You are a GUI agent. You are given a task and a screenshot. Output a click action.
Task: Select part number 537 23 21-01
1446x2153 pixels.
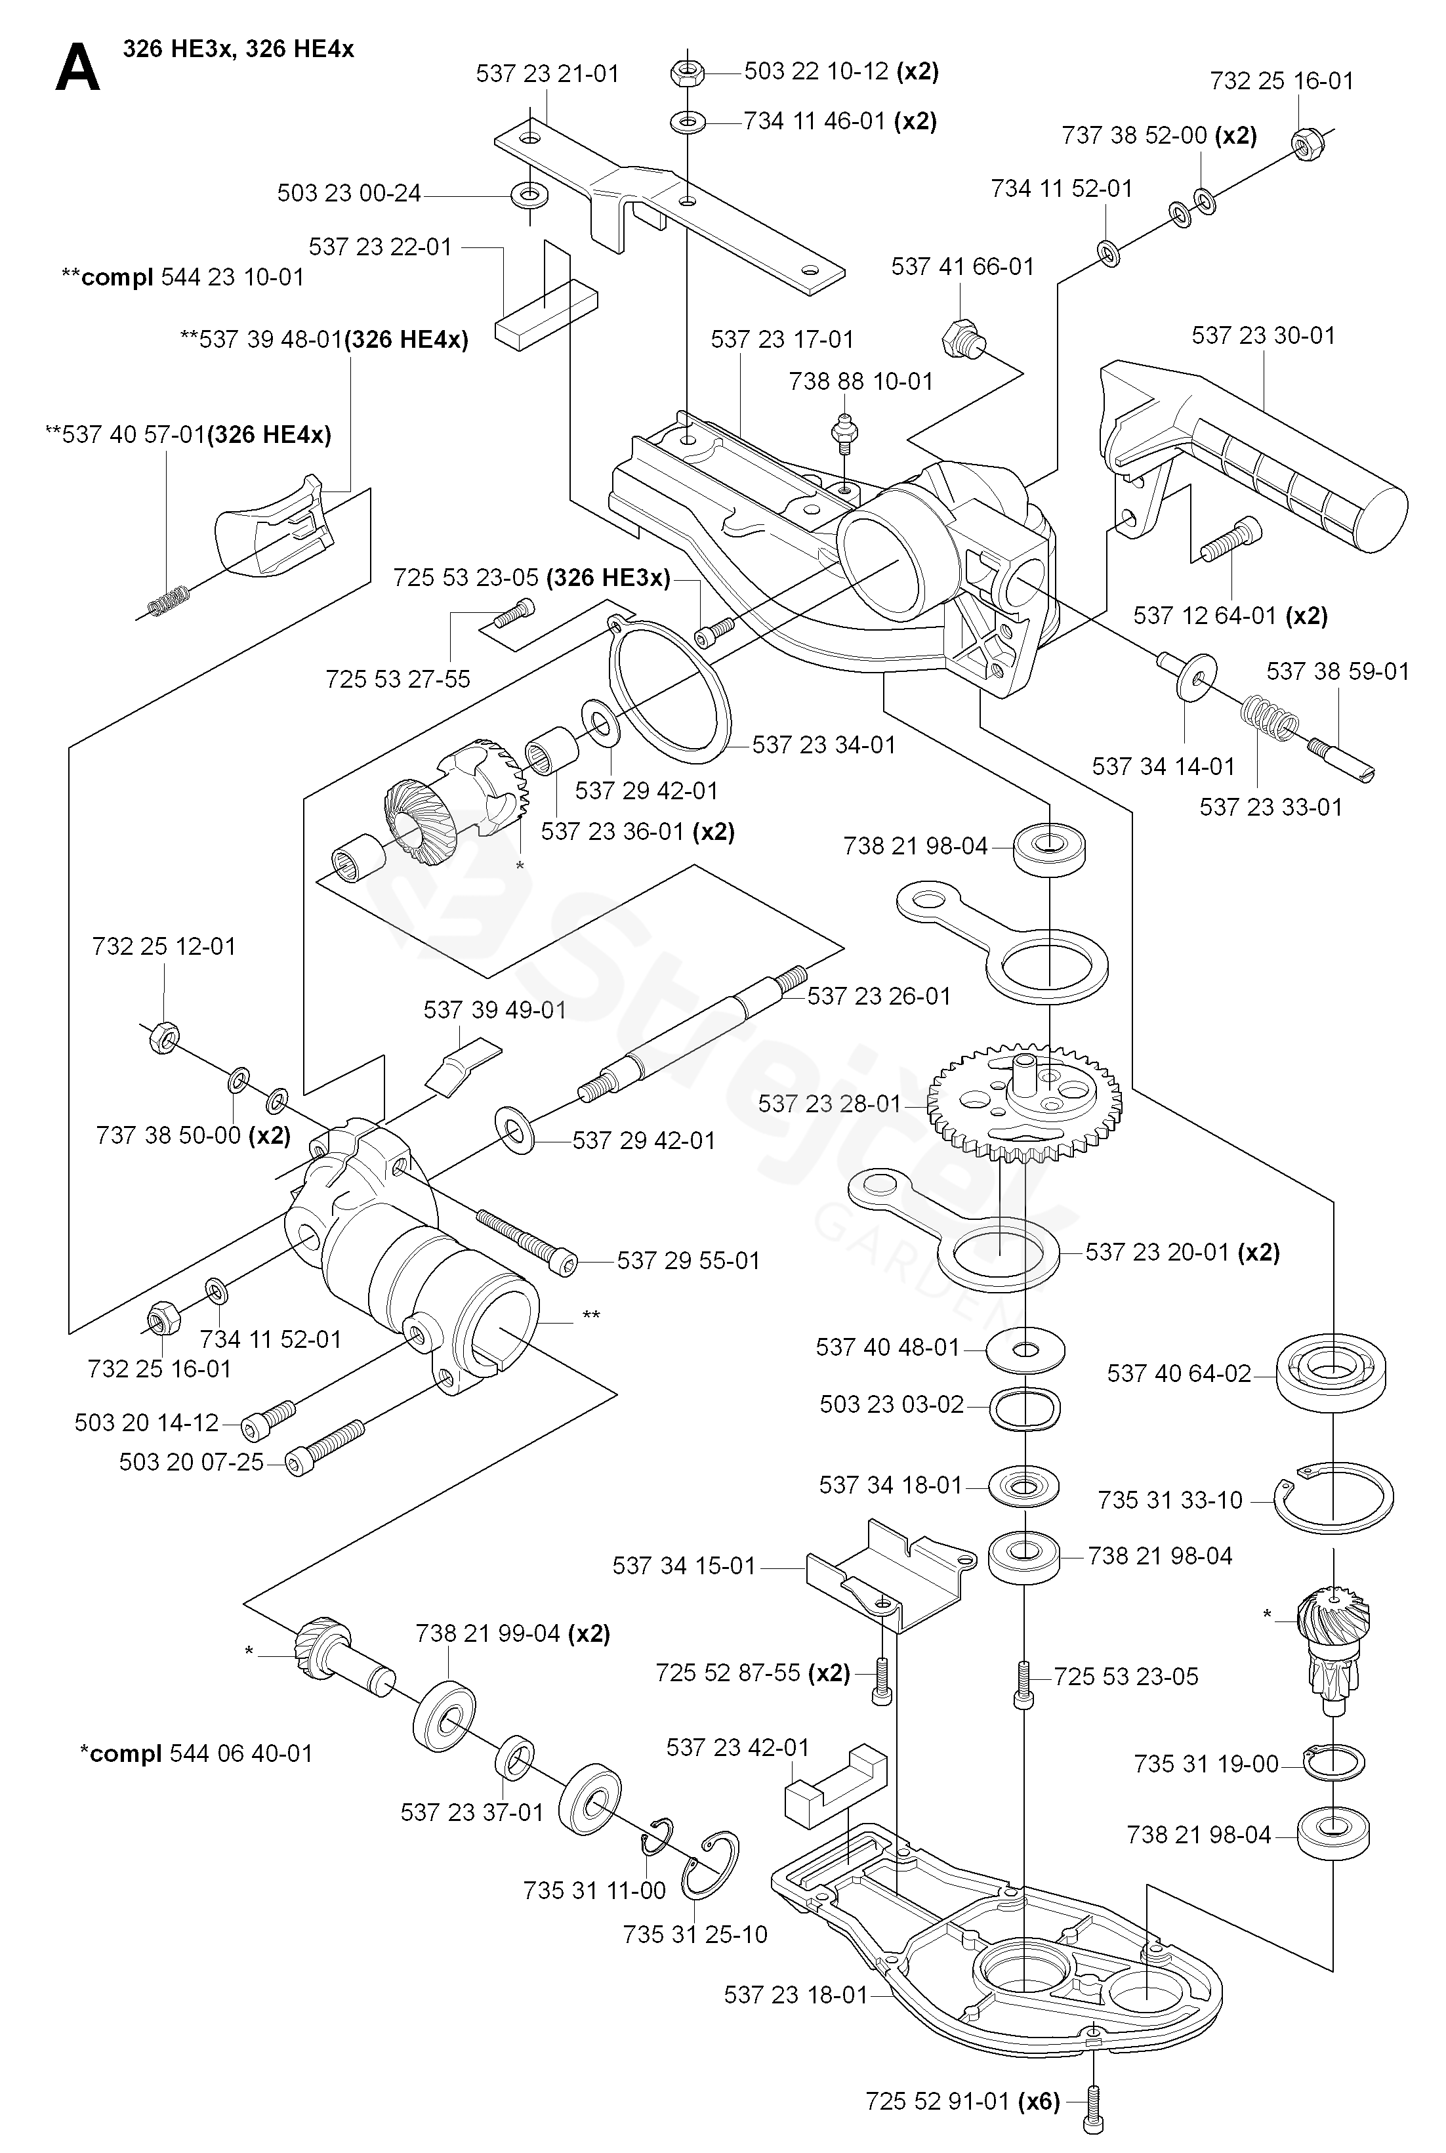pyautogui.click(x=547, y=73)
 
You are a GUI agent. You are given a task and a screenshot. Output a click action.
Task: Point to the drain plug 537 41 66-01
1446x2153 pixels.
pyautogui.click(x=961, y=339)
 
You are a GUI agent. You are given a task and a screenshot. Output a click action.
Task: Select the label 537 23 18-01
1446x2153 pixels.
pyautogui.click(x=796, y=1994)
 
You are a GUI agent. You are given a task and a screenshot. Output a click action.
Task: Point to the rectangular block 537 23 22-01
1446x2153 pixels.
pyautogui.click(x=546, y=314)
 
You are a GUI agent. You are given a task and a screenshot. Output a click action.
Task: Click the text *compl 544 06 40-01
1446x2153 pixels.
pyautogui.click(x=196, y=1753)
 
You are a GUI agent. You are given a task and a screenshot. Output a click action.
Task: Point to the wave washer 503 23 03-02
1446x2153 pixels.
pyautogui.click(x=1025, y=1407)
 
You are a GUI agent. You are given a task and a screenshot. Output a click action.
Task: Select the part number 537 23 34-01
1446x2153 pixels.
pyautogui.click(x=823, y=744)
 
